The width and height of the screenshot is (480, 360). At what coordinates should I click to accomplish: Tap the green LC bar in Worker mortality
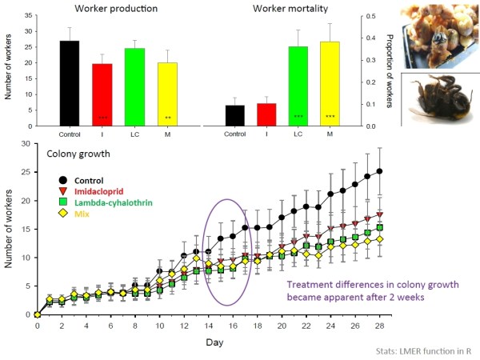(298, 86)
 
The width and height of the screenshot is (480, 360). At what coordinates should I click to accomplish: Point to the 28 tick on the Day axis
(380, 326)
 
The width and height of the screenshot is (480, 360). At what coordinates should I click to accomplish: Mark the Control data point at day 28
(380, 171)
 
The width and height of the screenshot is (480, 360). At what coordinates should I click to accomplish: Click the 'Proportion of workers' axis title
(393, 71)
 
